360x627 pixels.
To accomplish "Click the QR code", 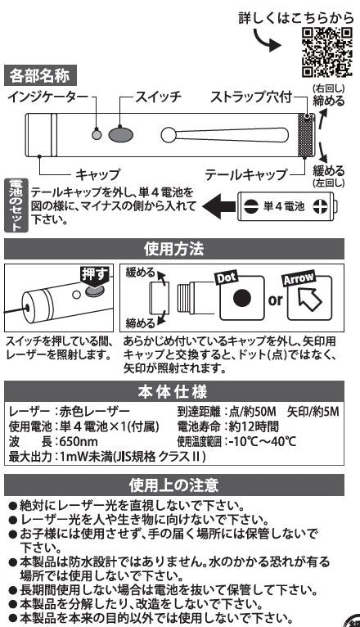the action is coord(326,52).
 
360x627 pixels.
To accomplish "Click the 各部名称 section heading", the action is coord(40,75).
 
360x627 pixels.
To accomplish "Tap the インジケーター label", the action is coord(48,97).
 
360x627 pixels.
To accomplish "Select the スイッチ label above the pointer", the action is coord(158,97).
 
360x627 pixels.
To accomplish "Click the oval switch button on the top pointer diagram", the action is coord(120,134).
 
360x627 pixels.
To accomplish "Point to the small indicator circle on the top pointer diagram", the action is coord(97,134).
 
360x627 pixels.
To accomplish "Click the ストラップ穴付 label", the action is coord(251,97).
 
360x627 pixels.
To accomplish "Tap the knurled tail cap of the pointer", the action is coord(306,135).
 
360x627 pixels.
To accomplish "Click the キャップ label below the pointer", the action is coord(97,174).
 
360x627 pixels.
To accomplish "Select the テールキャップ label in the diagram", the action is coord(245,174).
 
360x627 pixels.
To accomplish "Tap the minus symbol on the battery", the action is coord(250,207).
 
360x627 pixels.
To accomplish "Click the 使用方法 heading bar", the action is coord(174,249).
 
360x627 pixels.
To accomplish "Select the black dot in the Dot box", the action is coord(241,298).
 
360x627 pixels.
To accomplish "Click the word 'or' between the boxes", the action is coord(276,300).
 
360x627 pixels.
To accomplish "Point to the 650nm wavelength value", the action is coord(79,441).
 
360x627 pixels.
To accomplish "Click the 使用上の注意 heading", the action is coord(174,485).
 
